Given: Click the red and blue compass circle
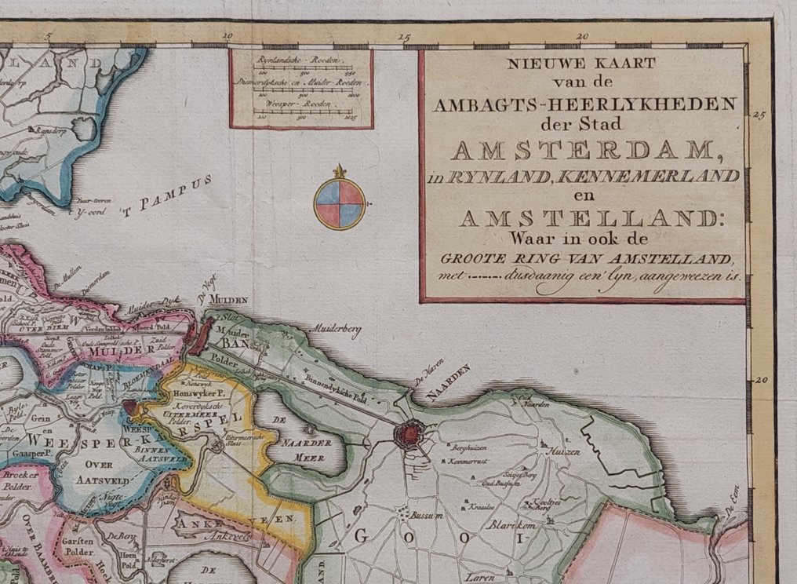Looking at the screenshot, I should coord(339,203).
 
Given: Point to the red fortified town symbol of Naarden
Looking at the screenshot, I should coord(409,433).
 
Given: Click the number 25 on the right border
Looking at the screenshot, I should coord(757,115).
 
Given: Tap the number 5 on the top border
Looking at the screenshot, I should coord(49,35).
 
